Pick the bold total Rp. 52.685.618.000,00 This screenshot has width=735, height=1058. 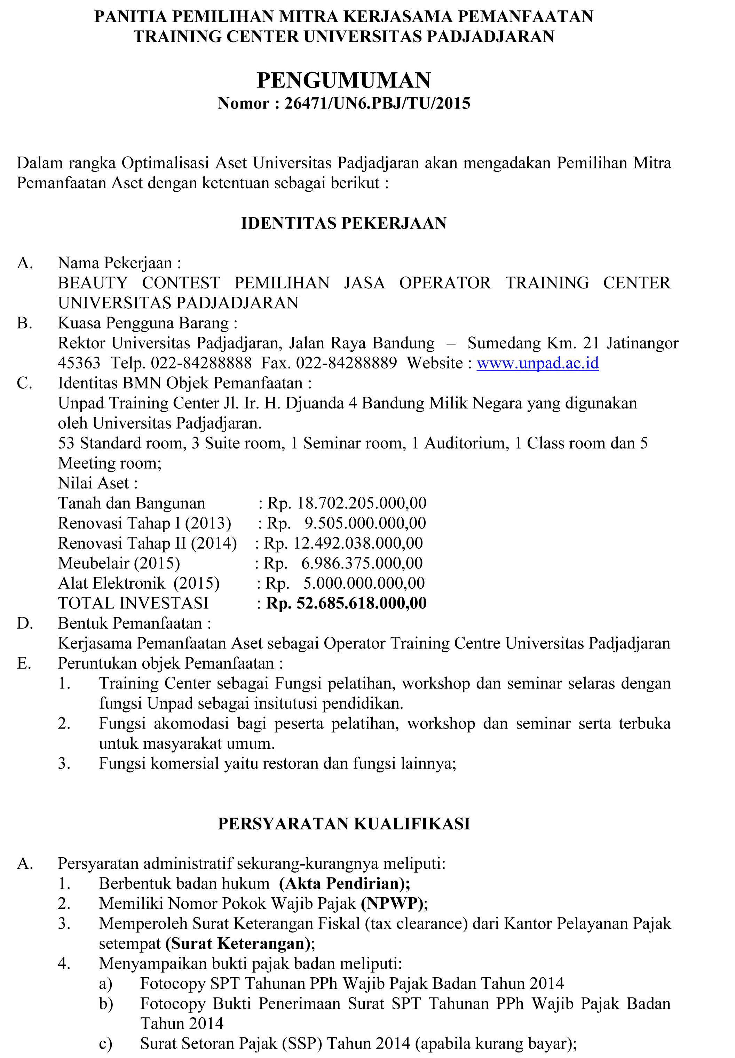346,603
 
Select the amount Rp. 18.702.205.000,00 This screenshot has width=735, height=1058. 347,503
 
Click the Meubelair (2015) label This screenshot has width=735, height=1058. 119,563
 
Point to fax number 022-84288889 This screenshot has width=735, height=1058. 346,363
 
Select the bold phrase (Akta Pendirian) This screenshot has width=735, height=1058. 345,883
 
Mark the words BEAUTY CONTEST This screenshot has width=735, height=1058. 139,283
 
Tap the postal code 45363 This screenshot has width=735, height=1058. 79,363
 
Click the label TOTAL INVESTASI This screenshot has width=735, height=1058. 133,603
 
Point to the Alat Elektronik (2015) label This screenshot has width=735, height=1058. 139,583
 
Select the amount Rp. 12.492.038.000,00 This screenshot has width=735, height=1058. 343,543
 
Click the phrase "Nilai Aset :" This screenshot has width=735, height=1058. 98,483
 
